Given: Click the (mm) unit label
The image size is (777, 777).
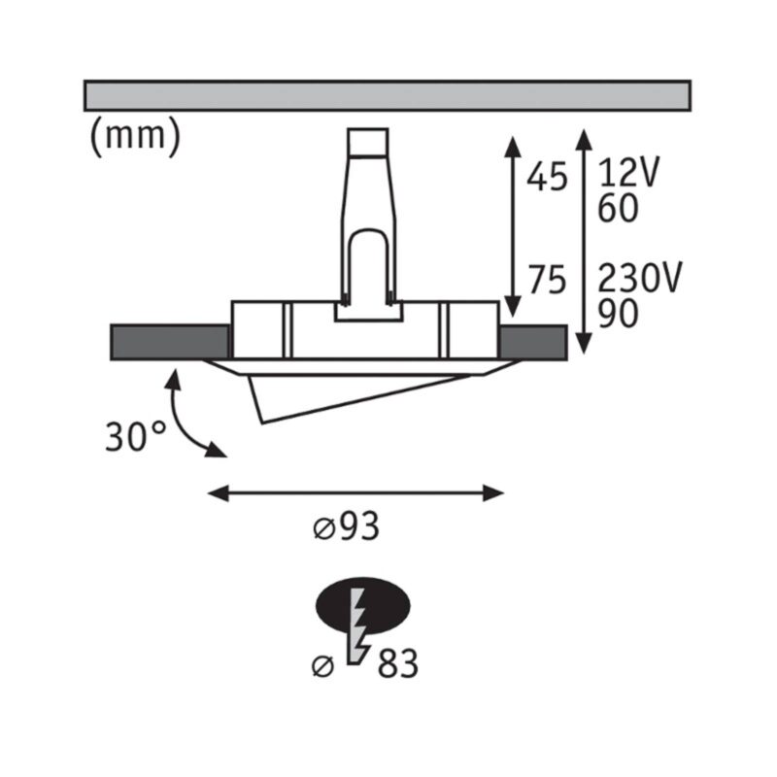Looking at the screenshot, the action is pyautogui.click(x=136, y=136).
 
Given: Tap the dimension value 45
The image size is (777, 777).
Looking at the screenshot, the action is pyautogui.click(x=547, y=178).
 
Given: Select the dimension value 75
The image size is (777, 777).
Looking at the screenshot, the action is pyautogui.click(x=547, y=281).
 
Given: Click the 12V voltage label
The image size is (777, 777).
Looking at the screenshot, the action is pyautogui.click(x=628, y=172).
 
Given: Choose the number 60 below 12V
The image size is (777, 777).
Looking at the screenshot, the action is pyautogui.click(x=618, y=208).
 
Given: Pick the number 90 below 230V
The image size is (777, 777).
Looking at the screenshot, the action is pyautogui.click(x=618, y=313).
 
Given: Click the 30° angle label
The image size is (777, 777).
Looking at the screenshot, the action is pyautogui.click(x=135, y=436).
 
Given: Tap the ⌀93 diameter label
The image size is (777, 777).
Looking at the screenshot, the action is pyautogui.click(x=347, y=526).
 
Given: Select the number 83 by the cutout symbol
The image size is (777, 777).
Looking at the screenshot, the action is pyautogui.click(x=398, y=663).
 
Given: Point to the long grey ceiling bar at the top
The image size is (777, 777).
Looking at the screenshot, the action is pyautogui.click(x=388, y=95).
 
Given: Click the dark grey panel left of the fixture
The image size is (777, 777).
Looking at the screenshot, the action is pyautogui.click(x=170, y=342).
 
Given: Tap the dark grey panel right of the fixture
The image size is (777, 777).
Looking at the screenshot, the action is pyautogui.click(x=533, y=342).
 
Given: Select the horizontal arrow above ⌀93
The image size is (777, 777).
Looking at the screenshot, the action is pyautogui.click(x=355, y=493).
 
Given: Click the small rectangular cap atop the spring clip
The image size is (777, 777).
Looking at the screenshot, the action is pyautogui.click(x=368, y=142).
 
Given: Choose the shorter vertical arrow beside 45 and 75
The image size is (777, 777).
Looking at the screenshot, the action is pyautogui.click(x=513, y=227).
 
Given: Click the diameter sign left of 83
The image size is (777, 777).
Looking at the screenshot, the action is pyautogui.click(x=323, y=666).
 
